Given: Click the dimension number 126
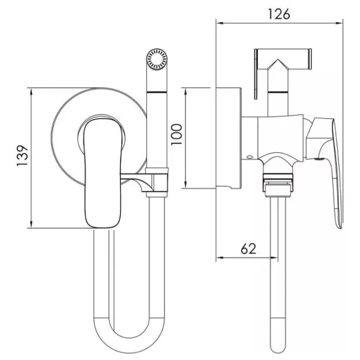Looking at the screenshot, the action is coord(279,14).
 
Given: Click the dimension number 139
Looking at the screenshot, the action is coord(22,155).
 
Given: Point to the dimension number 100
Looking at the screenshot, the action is coord(176,134).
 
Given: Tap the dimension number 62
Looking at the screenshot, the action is coord(248,248).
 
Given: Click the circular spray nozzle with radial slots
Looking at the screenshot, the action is coord(157,59).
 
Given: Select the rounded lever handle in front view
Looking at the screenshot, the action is coord(103,174).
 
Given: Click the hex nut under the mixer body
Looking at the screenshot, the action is coord(278,185).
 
